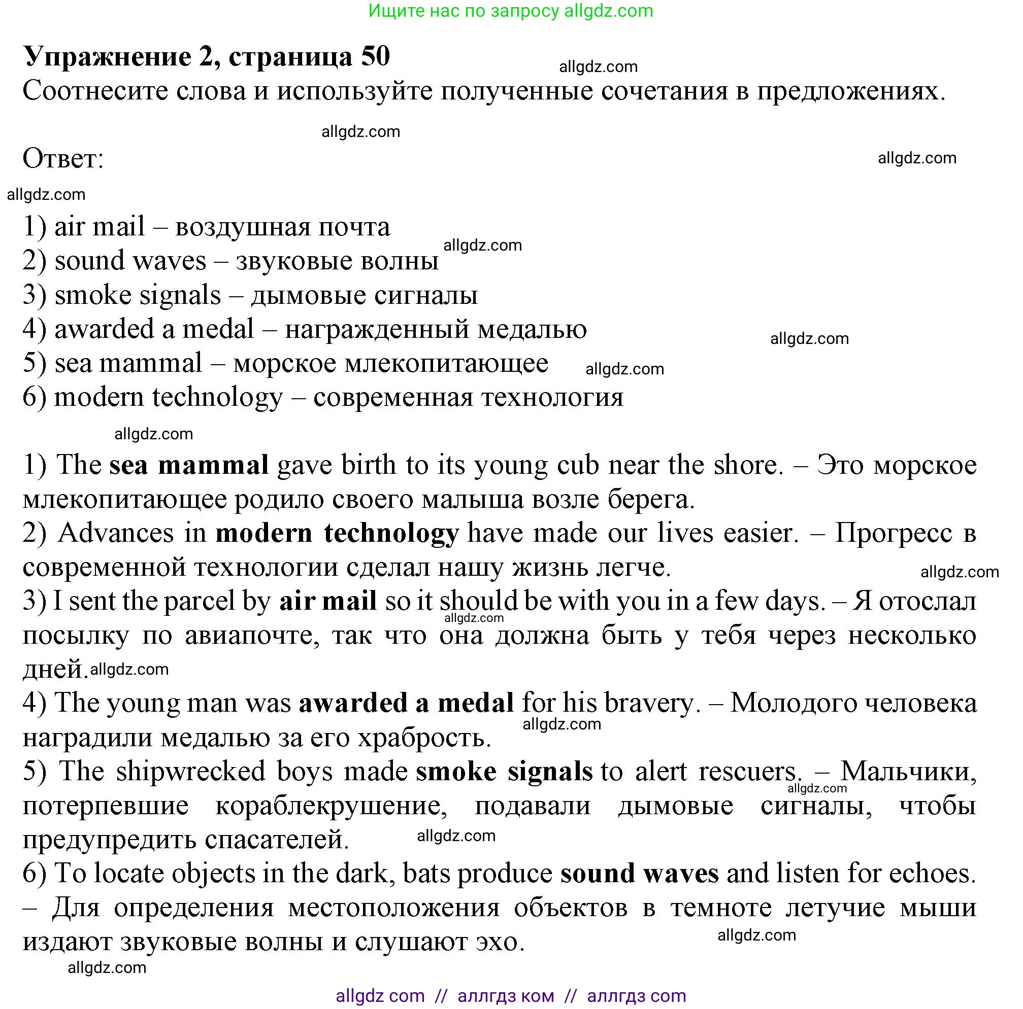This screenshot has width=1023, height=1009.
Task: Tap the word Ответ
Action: (63, 158)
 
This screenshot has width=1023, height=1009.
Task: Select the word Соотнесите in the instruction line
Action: (95, 91)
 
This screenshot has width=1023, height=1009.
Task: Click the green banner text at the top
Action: (510, 11)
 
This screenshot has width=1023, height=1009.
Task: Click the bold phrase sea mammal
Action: (189, 466)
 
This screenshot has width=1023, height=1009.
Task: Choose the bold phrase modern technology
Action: (337, 533)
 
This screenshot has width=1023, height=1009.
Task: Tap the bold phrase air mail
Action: (328, 602)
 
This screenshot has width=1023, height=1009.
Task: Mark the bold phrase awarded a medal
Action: (406, 704)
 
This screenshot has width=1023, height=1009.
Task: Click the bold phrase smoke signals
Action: (504, 772)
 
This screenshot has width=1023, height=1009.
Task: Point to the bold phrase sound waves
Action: (640, 874)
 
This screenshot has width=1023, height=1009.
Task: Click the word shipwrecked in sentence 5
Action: (190, 772)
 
